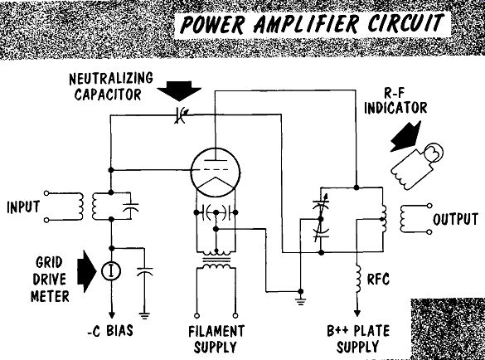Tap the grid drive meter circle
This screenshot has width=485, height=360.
(111, 271)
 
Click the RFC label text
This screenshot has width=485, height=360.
(378, 280)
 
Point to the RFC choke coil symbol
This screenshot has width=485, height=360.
(358, 279)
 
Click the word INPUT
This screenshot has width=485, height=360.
(23, 207)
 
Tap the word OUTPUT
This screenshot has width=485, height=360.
(455, 219)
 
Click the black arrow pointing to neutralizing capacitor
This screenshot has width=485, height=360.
(179, 91)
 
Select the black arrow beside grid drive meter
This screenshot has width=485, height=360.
(87, 271)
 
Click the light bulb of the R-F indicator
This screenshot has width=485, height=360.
(433, 153)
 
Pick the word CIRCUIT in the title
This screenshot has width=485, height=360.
(405, 23)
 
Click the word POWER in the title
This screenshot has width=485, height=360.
(212, 24)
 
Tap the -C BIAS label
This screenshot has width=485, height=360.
(110, 331)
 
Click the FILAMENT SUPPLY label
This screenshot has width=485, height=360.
(216, 339)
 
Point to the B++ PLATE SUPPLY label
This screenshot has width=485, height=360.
(358, 338)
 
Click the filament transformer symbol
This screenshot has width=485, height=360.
(216, 260)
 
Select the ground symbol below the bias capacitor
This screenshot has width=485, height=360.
(144, 316)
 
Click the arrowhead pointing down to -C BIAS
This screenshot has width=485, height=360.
(112, 315)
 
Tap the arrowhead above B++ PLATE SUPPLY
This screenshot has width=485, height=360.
(357, 313)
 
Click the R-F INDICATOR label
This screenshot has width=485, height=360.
(395, 101)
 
